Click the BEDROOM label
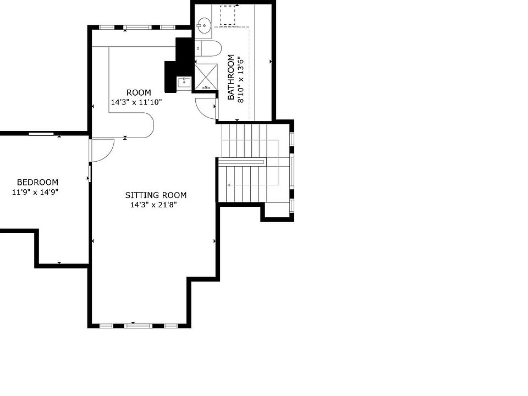[x=37, y=183]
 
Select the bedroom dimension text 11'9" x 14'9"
[x=35, y=193]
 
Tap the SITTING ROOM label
[x=156, y=195]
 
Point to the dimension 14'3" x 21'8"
[x=153, y=205]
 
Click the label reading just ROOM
[x=139, y=92]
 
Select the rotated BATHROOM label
[x=231, y=77]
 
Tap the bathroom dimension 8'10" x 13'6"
[x=240, y=80]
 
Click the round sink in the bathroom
[x=205, y=25]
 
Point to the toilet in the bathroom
[x=208, y=48]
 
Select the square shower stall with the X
[x=206, y=77]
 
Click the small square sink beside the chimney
[x=184, y=82]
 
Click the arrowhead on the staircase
[x=229, y=185]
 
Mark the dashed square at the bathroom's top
[x=228, y=16]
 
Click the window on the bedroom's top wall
[x=41, y=134]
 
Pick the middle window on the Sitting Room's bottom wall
[x=139, y=326]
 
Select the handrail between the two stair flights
[x=241, y=162]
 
